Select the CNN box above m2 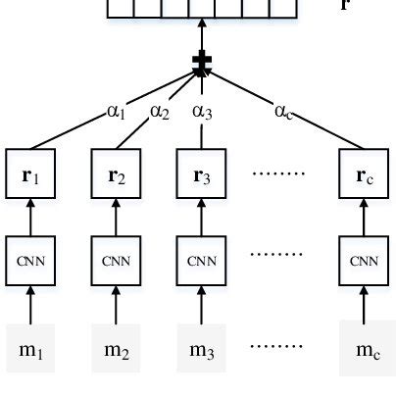117,261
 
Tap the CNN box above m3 201,261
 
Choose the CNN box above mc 364,261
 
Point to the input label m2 117,348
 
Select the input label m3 201,348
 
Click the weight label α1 117,113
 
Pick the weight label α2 160,112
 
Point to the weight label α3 203,112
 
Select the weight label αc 285,112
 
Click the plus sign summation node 202,65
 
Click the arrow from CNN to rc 364,219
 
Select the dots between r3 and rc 281,176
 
